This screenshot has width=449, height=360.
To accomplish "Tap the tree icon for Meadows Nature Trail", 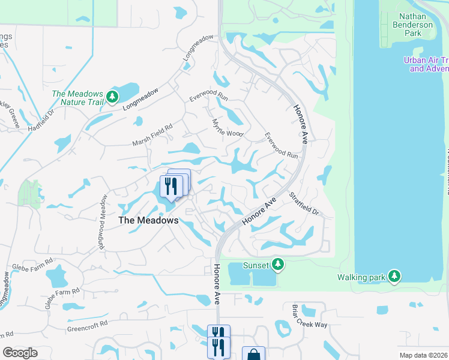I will coord(112,97).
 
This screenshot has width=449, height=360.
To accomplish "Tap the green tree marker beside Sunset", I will coord(277,263).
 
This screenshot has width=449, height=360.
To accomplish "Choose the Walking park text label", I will coord(360,277).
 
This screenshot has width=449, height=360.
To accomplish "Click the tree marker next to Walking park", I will coord(394,276).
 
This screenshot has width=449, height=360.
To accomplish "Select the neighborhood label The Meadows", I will coord(148,220).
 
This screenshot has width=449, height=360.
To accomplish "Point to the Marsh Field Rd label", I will coord(152,135).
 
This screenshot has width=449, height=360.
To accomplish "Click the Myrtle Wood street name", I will coord(228,126).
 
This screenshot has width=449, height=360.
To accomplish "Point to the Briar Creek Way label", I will coord(310,316).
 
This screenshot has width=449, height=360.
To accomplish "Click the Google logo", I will coord(20,353).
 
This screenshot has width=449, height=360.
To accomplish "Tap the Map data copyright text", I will coord(424,355).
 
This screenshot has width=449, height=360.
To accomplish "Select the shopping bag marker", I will coord(253,355).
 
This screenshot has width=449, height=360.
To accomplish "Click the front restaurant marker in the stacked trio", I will coord(171,188).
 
